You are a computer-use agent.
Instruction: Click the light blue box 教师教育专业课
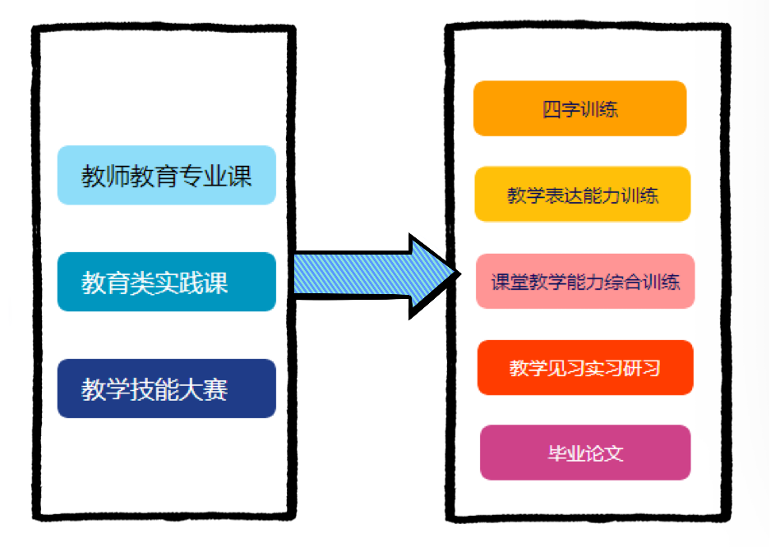[166, 175]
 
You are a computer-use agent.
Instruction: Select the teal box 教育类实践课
[166, 282]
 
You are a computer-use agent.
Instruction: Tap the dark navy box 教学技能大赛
[166, 388]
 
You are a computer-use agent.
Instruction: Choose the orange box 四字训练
[579, 108]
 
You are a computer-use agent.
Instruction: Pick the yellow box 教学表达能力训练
[582, 195]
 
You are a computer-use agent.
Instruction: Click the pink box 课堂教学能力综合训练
[585, 282]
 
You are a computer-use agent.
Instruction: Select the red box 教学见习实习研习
[585, 368]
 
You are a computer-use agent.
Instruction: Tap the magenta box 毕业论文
[585, 453]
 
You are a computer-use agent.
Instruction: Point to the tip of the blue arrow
[456, 275]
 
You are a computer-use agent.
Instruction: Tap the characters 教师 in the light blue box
[100, 176]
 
